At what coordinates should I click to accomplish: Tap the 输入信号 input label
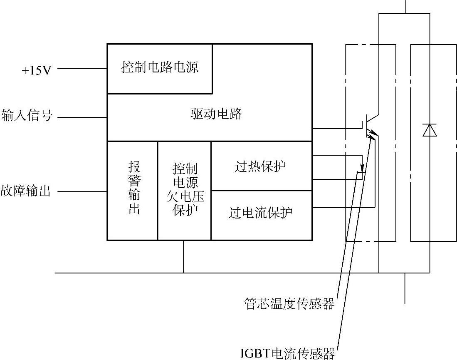(x=27, y=115)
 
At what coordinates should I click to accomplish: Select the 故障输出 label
(x=26, y=191)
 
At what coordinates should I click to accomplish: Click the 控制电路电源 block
(x=160, y=67)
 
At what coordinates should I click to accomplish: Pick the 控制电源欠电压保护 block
(x=185, y=190)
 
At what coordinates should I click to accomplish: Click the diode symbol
(x=429, y=130)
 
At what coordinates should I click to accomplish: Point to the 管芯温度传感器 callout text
(x=289, y=304)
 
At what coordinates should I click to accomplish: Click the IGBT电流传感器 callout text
(x=288, y=353)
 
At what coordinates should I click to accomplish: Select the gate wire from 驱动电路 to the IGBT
(x=337, y=129)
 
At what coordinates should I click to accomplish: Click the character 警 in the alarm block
(x=134, y=181)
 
